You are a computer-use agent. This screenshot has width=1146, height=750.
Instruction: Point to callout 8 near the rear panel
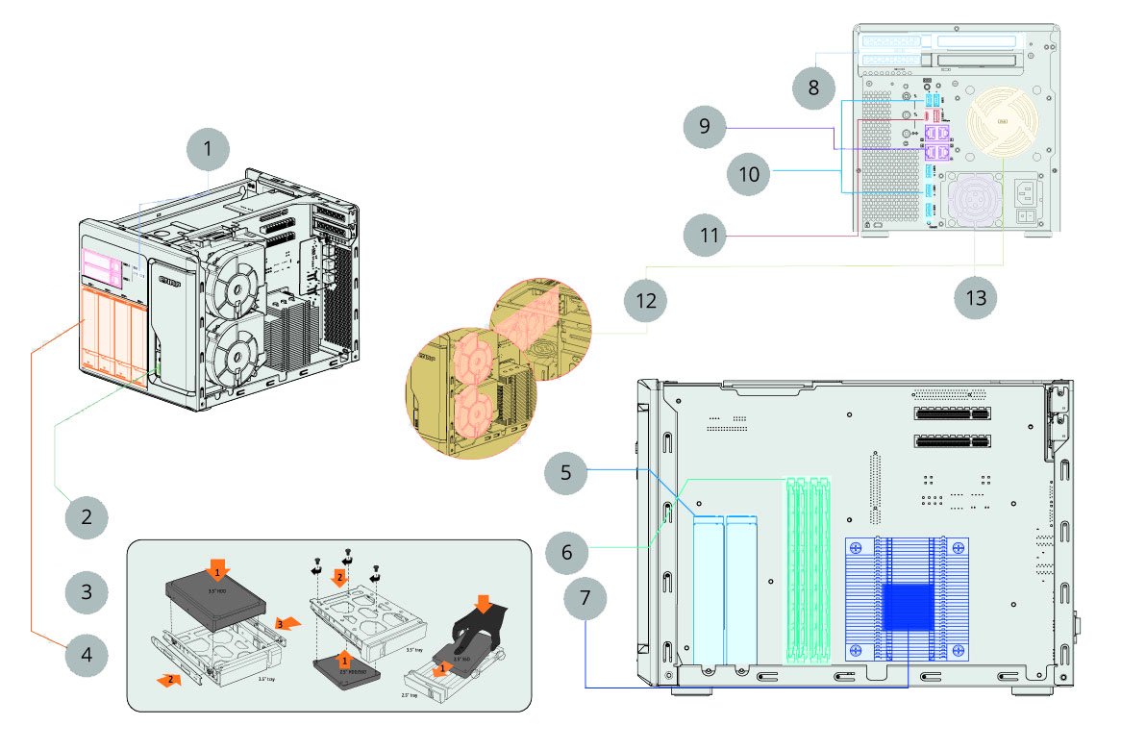(x=813, y=88)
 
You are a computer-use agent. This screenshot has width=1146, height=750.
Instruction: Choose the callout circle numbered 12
(x=646, y=301)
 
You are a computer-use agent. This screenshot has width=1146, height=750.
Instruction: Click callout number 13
(x=976, y=297)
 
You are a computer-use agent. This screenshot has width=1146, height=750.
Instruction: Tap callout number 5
(x=566, y=473)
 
